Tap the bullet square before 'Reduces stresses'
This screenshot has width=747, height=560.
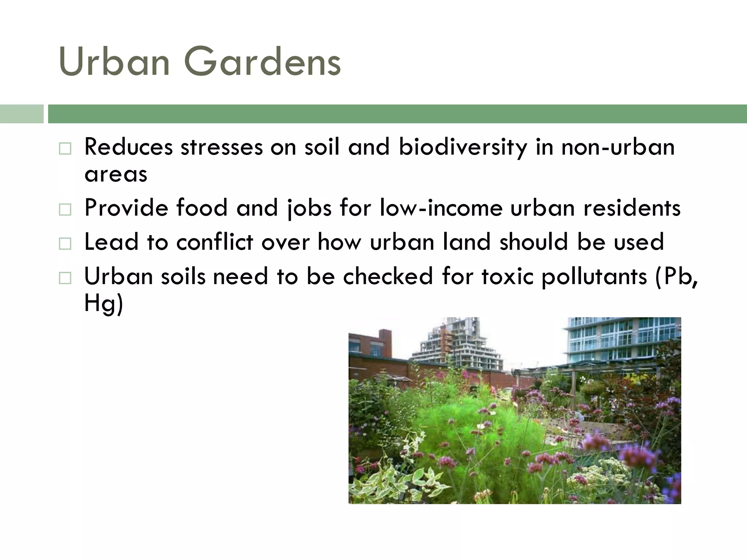[x=65, y=149]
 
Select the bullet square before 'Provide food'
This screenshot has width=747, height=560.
[x=65, y=210]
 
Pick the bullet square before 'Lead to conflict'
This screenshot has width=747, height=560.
[x=65, y=244]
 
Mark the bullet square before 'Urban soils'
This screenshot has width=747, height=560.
[x=65, y=278]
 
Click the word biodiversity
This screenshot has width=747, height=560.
[x=463, y=147]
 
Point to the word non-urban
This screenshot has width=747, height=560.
[x=618, y=147]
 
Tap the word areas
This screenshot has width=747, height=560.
[x=116, y=174]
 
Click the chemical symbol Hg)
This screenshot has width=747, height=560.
[x=104, y=303]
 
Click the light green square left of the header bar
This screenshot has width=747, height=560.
[x=22, y=114]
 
